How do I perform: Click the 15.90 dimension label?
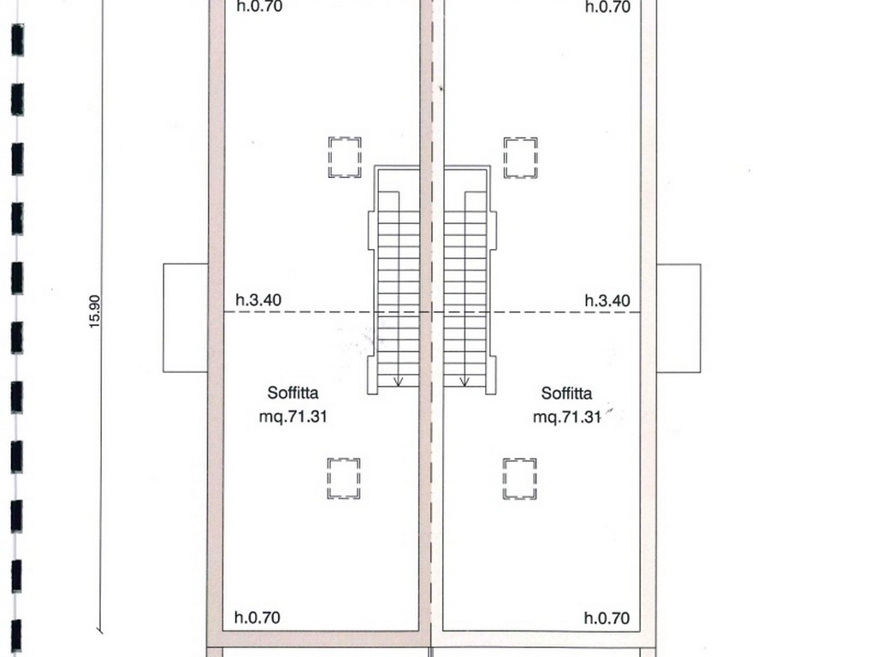tap(94, 311)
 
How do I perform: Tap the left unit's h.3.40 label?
tap(258, 300)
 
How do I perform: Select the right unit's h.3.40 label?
tap(607, 300)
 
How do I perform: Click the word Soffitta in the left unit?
tap(293, 393)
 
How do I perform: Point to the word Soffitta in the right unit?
tap(566, 394)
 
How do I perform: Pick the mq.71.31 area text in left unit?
tap(293, 417)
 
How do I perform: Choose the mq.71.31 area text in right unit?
tap(566, 417)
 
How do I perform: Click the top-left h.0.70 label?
tap(259, 6)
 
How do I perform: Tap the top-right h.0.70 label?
tap(608, 7)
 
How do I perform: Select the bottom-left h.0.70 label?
tap(257, 618)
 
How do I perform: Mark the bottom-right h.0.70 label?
tap(607, 618)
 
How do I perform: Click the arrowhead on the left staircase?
tap(398, 382)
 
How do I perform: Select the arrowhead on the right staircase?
tap(465, 382)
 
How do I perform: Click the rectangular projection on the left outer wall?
tap(163, 318)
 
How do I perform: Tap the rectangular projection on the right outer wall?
tap(701, 318)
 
